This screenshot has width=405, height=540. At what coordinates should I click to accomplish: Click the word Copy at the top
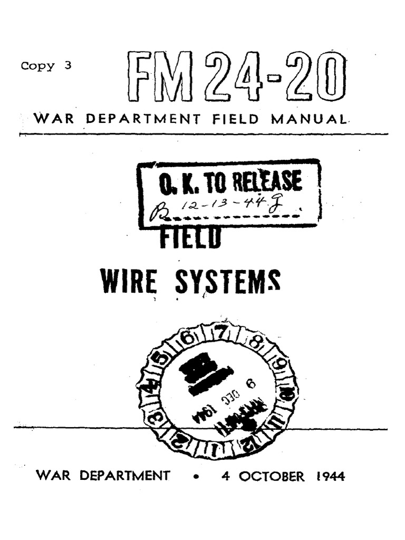click(x=37, y=66)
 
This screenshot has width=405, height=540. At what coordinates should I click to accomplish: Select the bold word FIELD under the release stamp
click(x=190, y=239)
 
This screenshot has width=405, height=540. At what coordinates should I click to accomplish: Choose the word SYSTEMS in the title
click(x=227, y=282)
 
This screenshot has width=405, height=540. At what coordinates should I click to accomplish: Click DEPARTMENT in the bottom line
click(x=125, y=476)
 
